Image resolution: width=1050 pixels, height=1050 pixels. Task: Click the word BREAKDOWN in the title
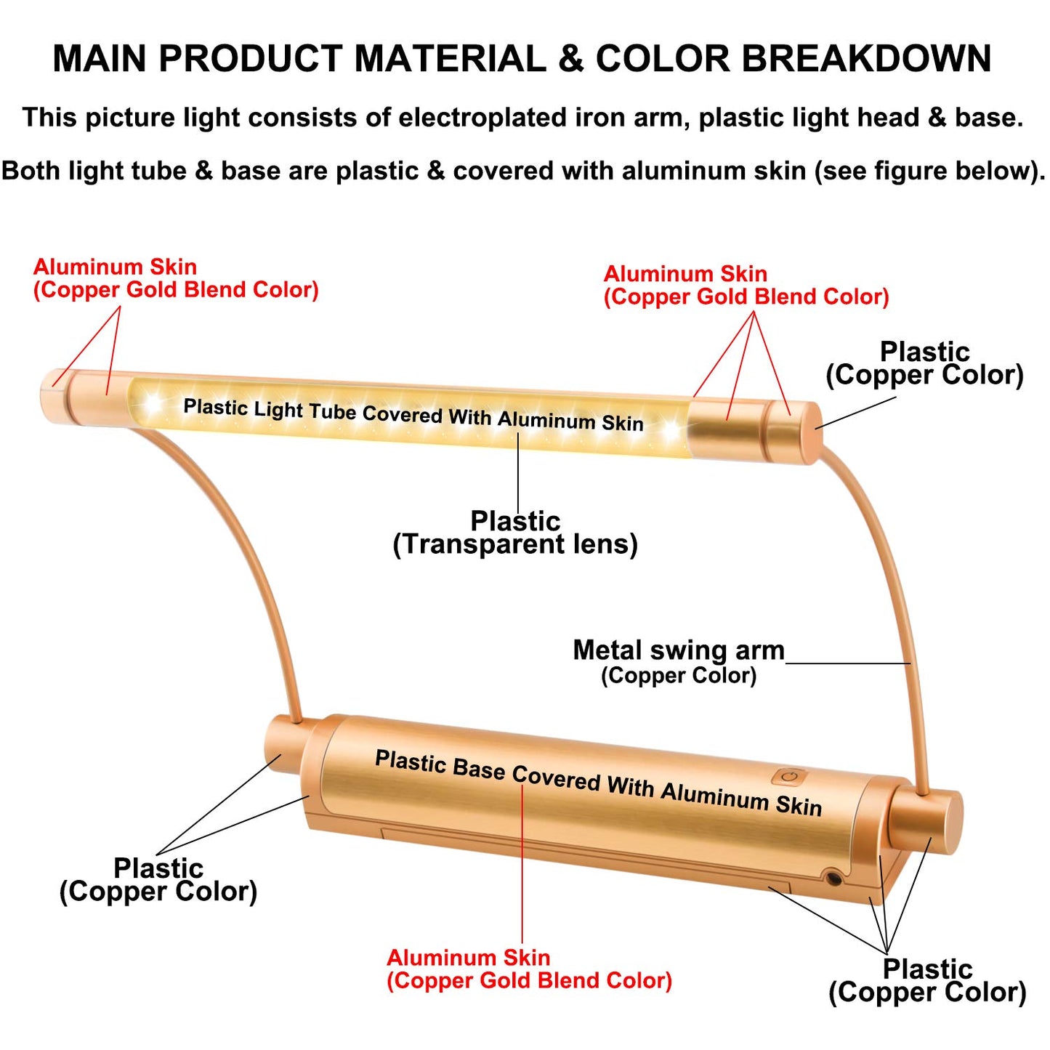coord(866,58)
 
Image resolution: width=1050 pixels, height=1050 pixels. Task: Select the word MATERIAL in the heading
coord(450,58)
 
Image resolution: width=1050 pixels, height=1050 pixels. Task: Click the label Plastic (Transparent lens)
coord(515,533)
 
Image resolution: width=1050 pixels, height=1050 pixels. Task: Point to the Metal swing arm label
coord(679,661)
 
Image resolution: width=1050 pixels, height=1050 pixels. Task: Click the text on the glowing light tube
coord(413,415)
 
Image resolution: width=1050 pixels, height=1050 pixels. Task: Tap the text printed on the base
coord(598,783)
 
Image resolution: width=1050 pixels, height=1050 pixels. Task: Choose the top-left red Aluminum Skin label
coord(175,278)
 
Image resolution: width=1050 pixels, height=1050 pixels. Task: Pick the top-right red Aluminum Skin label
coord(746,286)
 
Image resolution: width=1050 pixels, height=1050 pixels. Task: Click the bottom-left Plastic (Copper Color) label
coord(158,881)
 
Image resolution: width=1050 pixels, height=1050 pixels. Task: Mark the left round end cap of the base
coord(283,747)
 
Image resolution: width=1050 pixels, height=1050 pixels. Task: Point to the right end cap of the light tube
coord(794,432)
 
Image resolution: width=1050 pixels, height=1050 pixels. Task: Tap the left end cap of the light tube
coord(54,395)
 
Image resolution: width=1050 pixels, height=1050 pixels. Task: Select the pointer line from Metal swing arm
coord(848,663)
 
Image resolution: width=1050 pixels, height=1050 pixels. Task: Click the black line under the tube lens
coord(517,471)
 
